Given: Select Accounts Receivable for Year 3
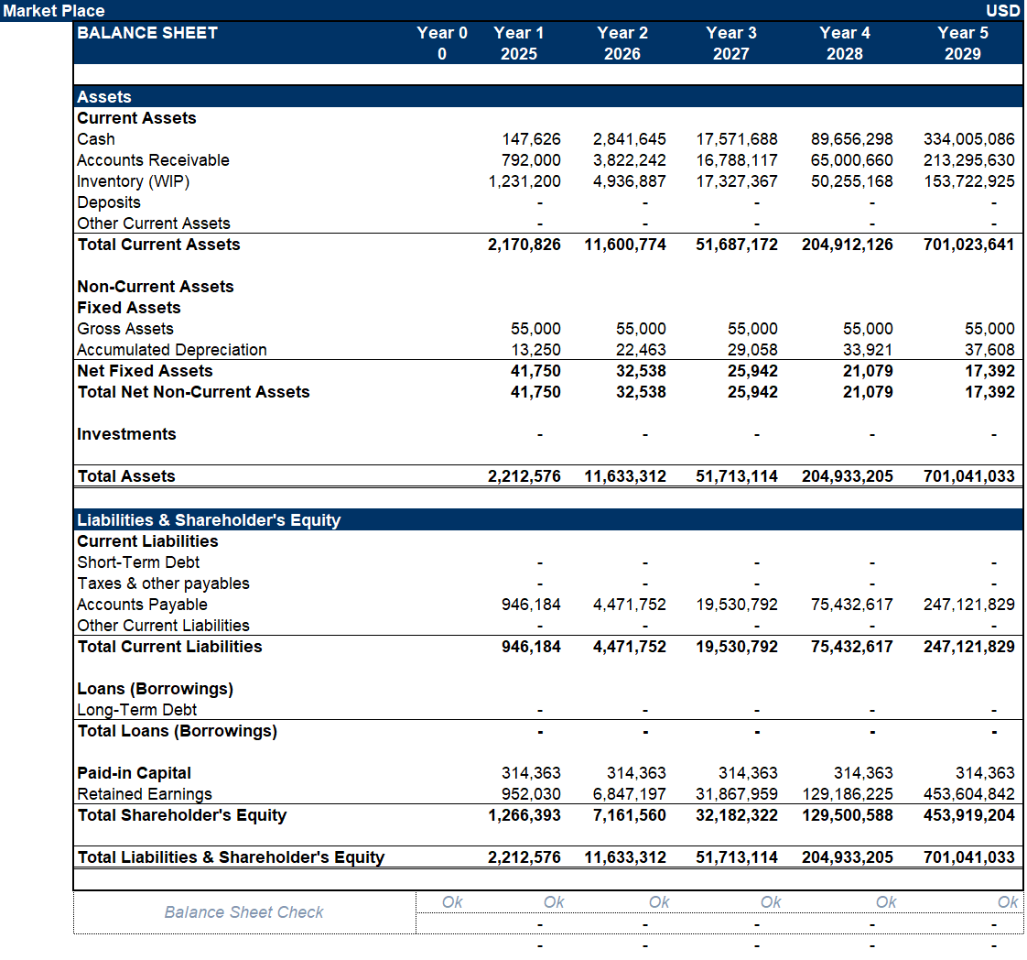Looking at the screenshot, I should [737, 160].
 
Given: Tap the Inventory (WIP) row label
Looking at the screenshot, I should [134, 181].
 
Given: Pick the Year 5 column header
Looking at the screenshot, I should [962, 33].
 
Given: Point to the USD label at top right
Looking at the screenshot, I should [1003, 11].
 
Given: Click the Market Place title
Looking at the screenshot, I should [53, 11].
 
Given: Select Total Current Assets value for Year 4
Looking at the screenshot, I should [847, 245].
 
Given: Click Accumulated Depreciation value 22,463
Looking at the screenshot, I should [641, 350].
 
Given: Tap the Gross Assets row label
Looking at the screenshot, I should [125, 329].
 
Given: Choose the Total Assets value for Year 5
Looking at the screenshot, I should [968, 476].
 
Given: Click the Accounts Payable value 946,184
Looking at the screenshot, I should [531, 605].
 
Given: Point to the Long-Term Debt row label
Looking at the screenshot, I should [137, 710].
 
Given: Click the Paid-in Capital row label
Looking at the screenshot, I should [135, 773].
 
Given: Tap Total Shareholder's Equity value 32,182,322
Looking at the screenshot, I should [737, 815].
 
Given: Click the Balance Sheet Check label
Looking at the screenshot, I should [244, 912].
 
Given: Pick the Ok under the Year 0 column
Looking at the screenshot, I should [452, 902].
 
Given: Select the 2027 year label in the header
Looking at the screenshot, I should [730, 54].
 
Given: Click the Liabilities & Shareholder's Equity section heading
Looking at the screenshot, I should [209, 520].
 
